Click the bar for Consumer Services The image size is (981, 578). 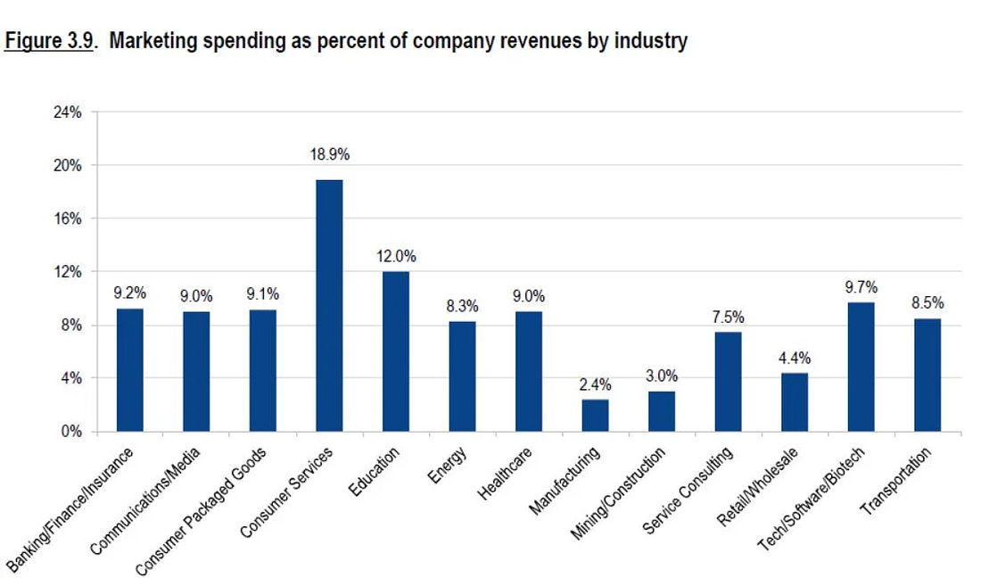pyautogui.click(x=329, y=306)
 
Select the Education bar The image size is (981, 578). pyautogui.click(x=396, y=351)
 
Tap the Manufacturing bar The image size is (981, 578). pyautogui.click(x=595, y=415)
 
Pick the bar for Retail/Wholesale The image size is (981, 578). pyautogui.click(x=795, y=402)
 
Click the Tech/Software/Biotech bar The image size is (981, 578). pyautogui.click(x=861, y=367)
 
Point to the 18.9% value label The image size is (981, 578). pyautogui.click(x=330, y=154)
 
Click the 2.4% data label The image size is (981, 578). pyautogui.click(x=596, y=385)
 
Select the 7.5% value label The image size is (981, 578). pyautogui.click(x=728, y=318)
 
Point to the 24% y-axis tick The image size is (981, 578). pyautogui.click(x=68, y=112)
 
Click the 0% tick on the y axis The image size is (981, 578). pyautogui.click(x=71, y=432)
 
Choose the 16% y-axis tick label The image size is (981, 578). pyautogui.click(x=68, y=219)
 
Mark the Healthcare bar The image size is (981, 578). pyautogui.click(x=529, y=371)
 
